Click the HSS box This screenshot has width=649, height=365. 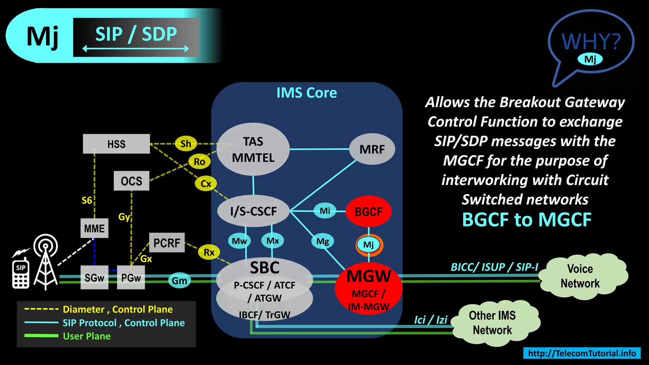pos(116,144)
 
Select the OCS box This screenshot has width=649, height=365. pos(131,181)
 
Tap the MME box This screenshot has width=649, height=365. pos(94,228)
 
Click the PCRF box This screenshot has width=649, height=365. pos(167,243)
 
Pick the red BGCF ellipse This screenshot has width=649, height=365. pos(368,211)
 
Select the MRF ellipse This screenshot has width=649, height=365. pos(372,149)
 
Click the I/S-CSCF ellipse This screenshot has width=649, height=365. pos(253,211)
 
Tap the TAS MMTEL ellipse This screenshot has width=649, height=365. pos(253,149)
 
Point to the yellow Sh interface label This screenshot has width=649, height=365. pos(186,144)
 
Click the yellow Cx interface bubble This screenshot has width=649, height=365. pos(206,183)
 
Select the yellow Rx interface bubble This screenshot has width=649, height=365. pos(209,253)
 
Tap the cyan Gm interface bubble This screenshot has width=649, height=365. pos(179,281)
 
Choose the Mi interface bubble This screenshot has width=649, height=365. pos(325,211)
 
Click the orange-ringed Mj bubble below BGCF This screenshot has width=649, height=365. pos(369,245)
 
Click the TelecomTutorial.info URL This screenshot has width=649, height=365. pos(582,353)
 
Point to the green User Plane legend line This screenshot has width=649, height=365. pos(42,336)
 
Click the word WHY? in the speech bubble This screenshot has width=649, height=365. pos(591,42)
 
